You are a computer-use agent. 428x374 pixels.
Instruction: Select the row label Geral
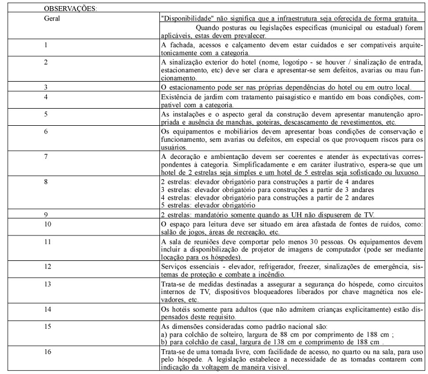point(52,18)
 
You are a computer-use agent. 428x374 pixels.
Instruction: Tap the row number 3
point(46,87)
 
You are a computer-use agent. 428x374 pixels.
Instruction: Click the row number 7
point(46,157)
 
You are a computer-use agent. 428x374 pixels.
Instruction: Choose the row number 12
point(47,267)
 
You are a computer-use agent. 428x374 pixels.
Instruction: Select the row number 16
point(47,351)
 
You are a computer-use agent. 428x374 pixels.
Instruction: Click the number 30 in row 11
point(292,242)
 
